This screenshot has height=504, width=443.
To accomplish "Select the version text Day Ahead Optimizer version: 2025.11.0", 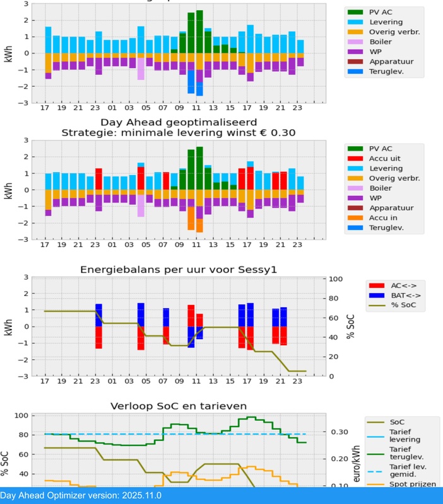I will tap(81, 495).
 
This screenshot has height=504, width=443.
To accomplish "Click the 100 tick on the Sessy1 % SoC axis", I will tap(336, 278).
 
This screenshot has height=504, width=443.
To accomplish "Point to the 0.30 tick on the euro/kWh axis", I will tap(340, 432).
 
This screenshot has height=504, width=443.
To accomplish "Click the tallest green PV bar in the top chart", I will tap(199, 31).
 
